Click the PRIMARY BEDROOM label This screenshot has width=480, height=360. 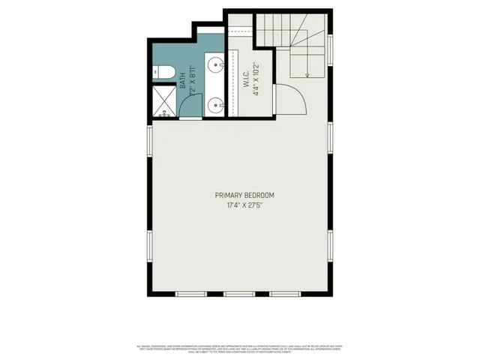(239, 196)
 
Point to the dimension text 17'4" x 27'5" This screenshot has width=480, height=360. (239, 205)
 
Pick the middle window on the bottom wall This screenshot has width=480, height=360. (239, 292)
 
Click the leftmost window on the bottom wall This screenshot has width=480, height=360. (193, 292)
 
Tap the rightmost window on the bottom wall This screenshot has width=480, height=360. (286, 292)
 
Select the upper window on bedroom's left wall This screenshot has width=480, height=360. (150, 142)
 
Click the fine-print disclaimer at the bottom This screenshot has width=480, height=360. (239, 349)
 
